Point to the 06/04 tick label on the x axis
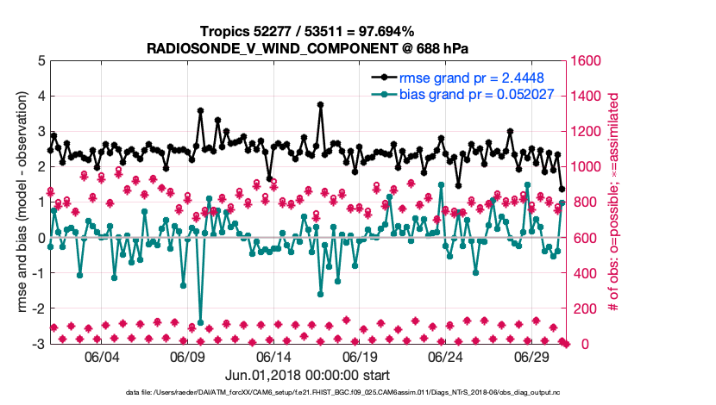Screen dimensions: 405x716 [102, 357]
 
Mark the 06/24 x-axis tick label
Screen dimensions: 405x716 [447, 357]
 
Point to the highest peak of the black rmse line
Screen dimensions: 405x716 [320, 105]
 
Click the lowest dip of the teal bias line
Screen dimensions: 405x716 [200, 322]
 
